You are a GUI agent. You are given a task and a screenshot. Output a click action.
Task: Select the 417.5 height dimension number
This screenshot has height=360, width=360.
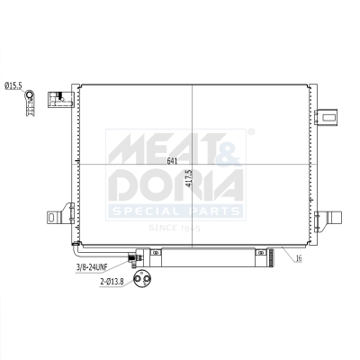pyautogui.click(x=188, y=179)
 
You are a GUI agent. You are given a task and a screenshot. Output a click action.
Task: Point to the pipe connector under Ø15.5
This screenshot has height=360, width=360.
pyautogui.click(x=32, y=101)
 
